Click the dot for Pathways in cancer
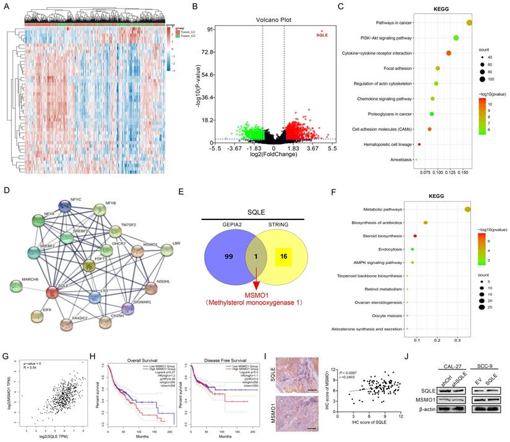click(469, 23)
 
